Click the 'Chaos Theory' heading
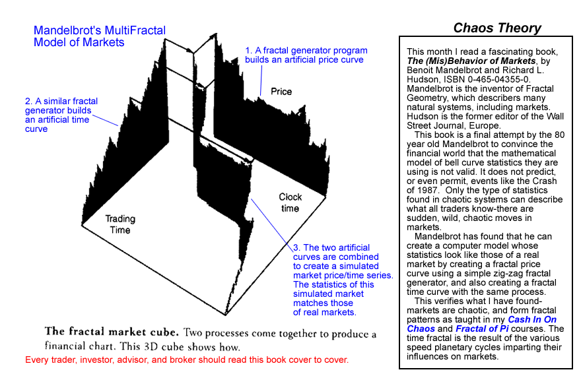pos(497,28)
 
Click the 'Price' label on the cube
pos(281,92)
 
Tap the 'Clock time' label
pos(290,203)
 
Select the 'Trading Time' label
pos(120,224)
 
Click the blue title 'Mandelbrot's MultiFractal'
pos(100,30)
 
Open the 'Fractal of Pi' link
pos(482,329)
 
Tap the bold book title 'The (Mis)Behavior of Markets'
pos(471,61)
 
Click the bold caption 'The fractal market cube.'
pos(112,332)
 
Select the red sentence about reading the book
pos(187,360)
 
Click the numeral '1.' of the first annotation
pos(249,50)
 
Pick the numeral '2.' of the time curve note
pos(29,101)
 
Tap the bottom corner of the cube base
pos(226,315)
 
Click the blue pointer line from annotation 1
pos(261,80)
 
